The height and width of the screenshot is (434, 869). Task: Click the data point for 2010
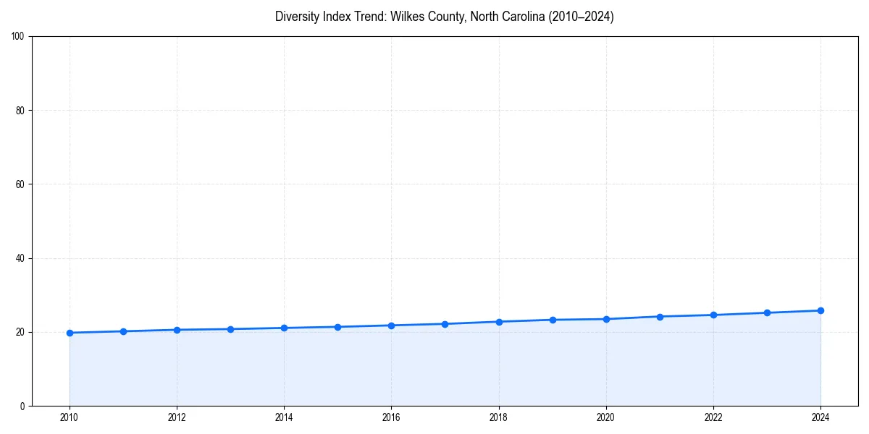[x=70, y=333]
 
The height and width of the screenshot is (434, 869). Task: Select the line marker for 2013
[x=230, y=329]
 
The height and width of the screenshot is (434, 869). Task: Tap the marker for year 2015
[x=337, y=327]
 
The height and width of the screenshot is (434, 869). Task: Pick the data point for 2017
[x=445, y=324]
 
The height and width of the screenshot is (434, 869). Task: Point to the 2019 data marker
[x=553, y=320]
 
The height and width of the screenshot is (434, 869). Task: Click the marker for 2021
[x=660, y=317]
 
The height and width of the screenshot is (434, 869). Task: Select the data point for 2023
[x=767, y=312]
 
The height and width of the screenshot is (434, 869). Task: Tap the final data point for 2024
[x=820, y=310]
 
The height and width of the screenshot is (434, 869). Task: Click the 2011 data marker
[x=123, y=331]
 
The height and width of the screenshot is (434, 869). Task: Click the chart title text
[x=444, y=17]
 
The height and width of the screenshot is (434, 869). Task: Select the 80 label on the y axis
[x=20, y=111]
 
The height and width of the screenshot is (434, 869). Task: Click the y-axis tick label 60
[x=20, y=184]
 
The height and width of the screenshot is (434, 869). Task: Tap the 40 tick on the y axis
[x=20, y=258]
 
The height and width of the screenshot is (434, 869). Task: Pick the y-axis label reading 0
[x=22, y=406]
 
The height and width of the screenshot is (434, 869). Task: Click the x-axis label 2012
[x=177, y=417]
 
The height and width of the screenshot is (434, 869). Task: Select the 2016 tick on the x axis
[x=391, y=417]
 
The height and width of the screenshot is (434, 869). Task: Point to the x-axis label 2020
[x=606, y=417]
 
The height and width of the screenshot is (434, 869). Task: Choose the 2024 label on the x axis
[x=820, y=417]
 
